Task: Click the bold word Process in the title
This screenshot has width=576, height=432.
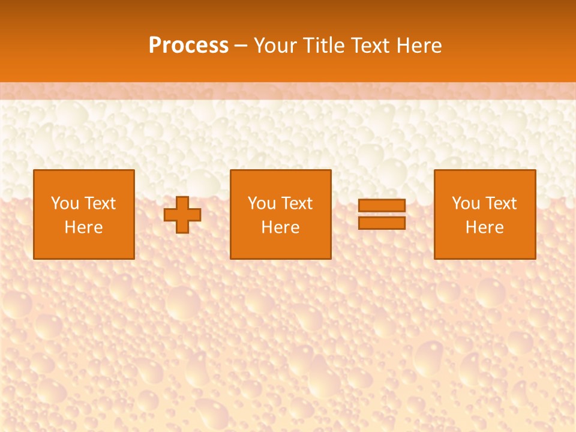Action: pos(188,46)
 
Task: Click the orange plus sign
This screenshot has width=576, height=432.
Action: pos(182,215)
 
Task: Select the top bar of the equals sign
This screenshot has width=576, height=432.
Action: pos(382,206)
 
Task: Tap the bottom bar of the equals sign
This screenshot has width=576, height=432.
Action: pos(382,223)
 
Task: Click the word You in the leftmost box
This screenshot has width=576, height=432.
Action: pos(65,203)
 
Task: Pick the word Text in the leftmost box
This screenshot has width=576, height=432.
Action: pos(100,203)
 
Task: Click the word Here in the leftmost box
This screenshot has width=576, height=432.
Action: pos(84,227)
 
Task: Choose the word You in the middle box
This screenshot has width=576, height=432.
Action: pos(262,203)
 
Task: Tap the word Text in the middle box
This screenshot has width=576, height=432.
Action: pos(296,203)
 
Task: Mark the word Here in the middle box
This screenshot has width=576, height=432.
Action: pos(281,227)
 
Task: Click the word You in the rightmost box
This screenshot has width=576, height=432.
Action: pos(466,203)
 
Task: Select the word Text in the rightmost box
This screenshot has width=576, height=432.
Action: pos(500,203)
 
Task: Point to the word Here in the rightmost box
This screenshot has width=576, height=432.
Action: pos(485,227)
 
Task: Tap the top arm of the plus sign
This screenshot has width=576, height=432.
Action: pos(182,202)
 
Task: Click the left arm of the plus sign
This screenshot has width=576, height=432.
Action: pos(170,215)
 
